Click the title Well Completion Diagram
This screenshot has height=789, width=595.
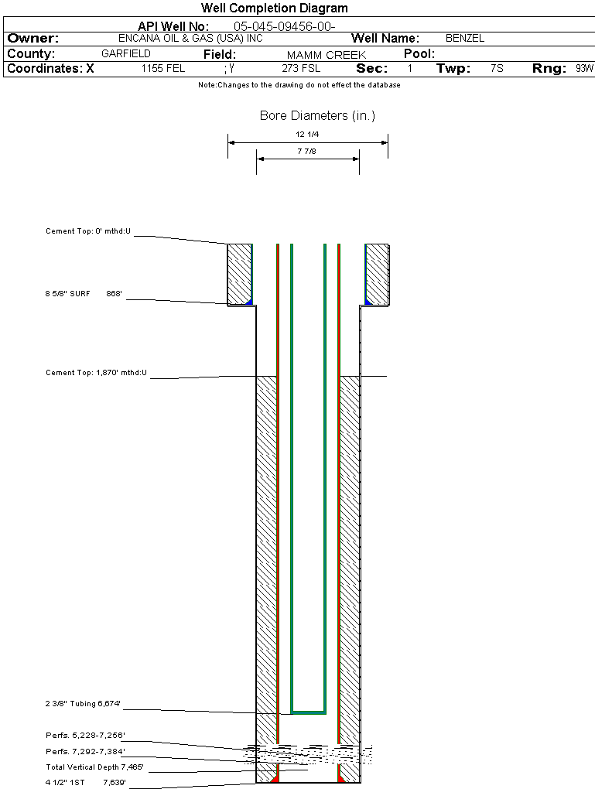click(274, 9)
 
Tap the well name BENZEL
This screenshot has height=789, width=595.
click(465, 38)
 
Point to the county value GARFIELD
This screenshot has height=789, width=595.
click(126, 54)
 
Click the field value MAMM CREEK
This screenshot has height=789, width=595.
click(326, 55)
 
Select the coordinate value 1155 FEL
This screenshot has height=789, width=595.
click(163, 69)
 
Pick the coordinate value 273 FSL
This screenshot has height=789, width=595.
click(301, 69)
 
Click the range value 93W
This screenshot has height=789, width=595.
click(584, 69)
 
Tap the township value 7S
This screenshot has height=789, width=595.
click(497, 69)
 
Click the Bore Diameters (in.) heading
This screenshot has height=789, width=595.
click(317, 116)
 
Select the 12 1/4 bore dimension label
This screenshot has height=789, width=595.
click(307, 135)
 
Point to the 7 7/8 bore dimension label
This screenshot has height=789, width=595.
click(307, 152)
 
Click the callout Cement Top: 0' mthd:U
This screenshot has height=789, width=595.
click(88, 231)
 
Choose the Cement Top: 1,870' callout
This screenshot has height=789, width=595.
click(96, 373)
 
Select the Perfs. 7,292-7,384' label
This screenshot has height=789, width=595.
click(85, 751)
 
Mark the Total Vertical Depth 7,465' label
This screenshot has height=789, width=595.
click(94, 767)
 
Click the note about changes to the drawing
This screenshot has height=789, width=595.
click(299, 85)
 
